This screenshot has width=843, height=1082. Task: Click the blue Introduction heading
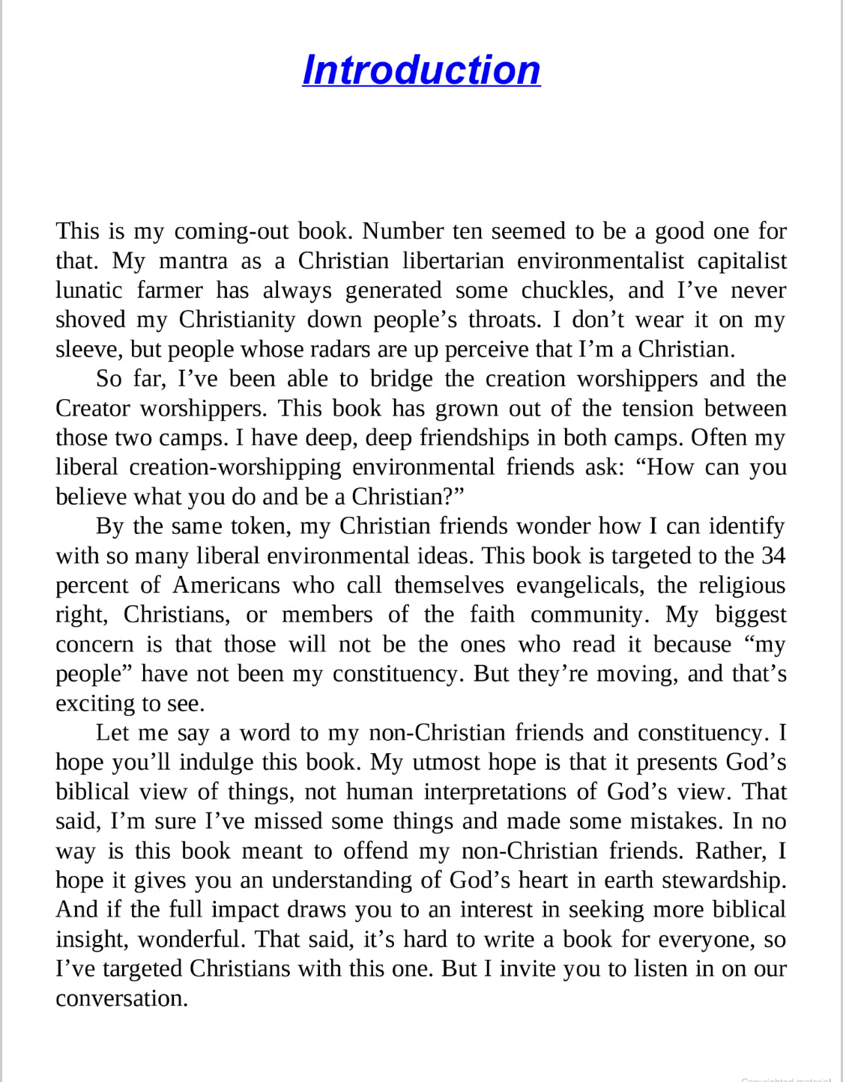click(x=421, y=70)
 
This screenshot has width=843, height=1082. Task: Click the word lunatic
click(x=88, y=290)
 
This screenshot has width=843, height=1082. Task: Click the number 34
click(x=773, y=556)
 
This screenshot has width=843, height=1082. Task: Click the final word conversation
click(x=120, y=998)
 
